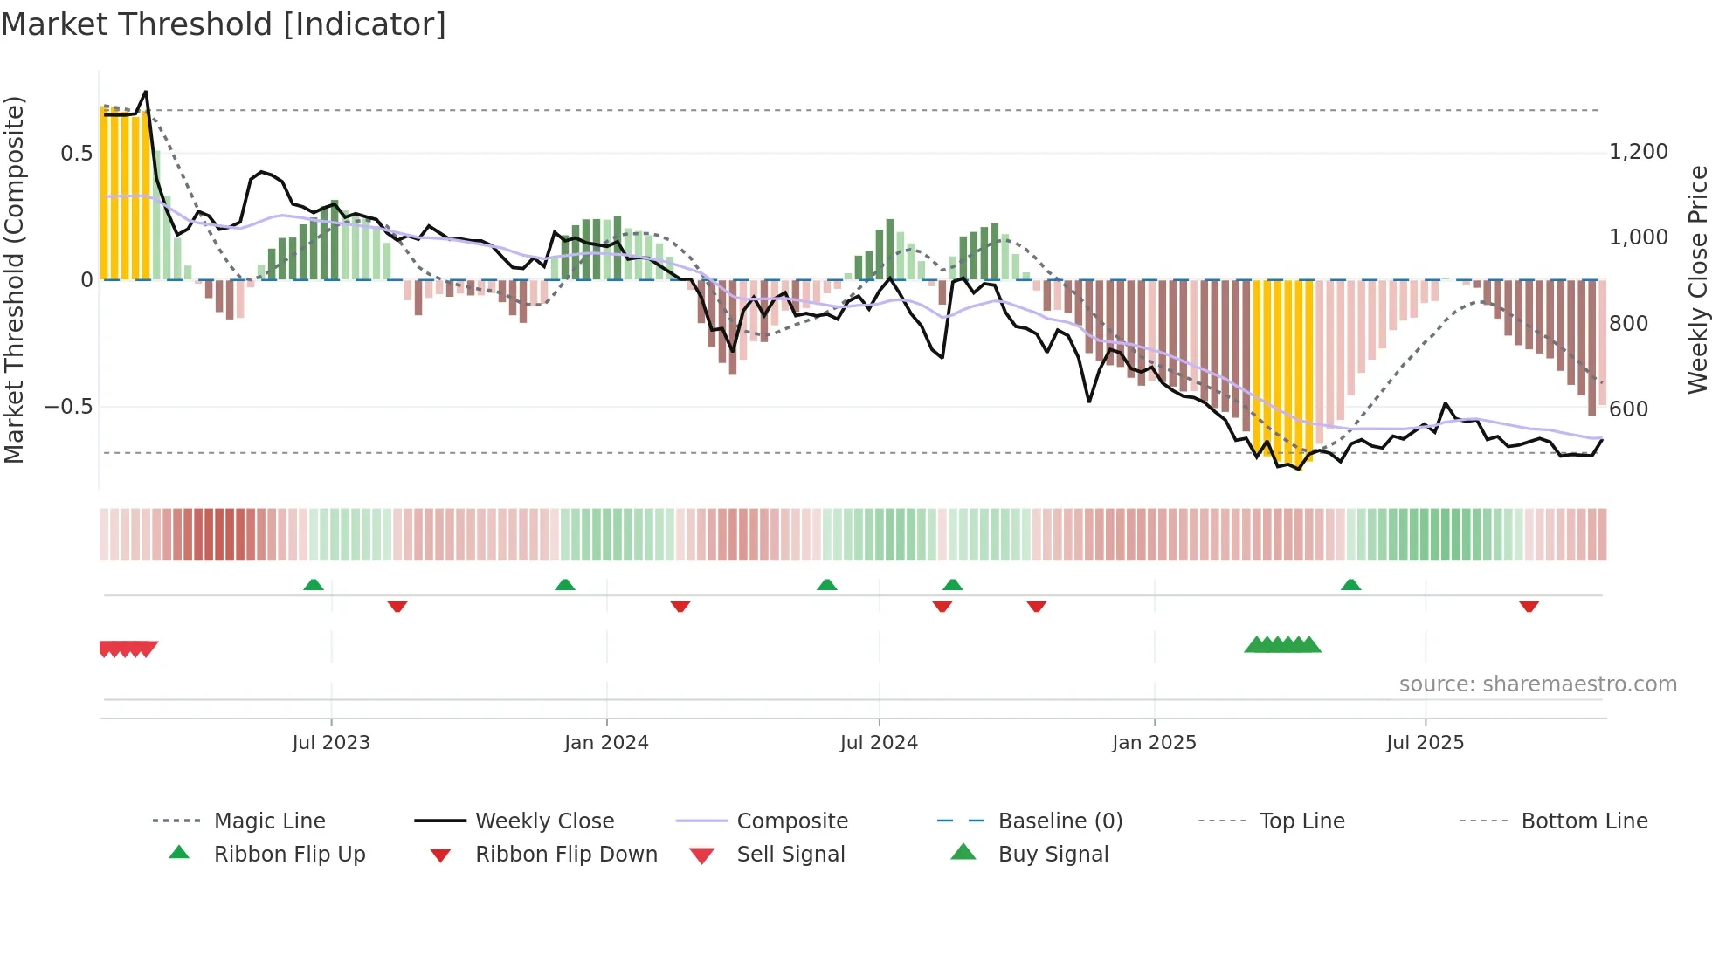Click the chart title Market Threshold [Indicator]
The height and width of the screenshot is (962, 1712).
(x=224, y=24)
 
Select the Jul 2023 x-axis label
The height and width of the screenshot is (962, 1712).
(x=331, y=743)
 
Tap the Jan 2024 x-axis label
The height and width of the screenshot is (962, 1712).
(x=606, y=743)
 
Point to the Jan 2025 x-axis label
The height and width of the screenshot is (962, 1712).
(x=1154, y=743)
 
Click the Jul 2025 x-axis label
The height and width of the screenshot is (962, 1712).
(x=1425, y=743)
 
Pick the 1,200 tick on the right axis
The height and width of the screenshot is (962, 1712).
(x=1638, y=152)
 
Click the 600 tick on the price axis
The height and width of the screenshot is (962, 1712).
(x=1628, y=409)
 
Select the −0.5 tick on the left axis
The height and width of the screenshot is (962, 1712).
(x=68, y=407)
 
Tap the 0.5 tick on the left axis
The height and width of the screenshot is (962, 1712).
(x=76, y=154)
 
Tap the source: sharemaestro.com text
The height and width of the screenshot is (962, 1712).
(x=1537, y=684)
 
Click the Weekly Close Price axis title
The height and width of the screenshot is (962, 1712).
(x=1697, y=279)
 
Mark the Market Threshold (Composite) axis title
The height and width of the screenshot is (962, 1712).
(x=14, y=279)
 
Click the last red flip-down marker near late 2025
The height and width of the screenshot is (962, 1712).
(x=1529, y=606)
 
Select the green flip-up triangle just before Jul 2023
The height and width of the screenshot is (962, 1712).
(x=314, y=585)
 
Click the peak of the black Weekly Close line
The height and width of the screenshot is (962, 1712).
(x=146, y=92)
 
